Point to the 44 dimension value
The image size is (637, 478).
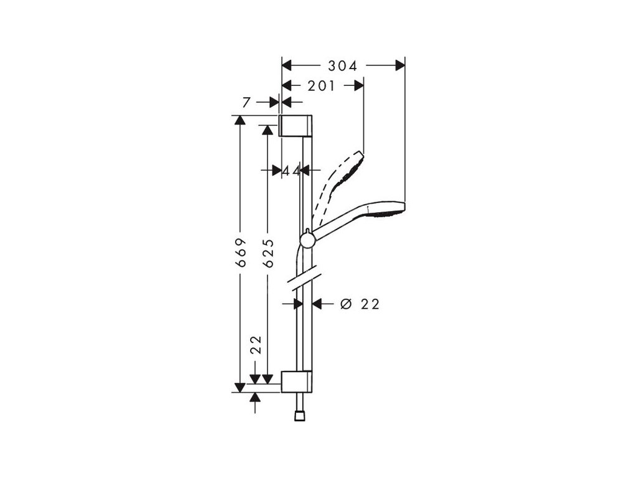291,170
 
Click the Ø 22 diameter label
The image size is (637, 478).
360,304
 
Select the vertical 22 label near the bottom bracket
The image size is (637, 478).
254,345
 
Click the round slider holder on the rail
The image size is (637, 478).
307,240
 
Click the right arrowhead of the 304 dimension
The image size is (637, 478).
399,65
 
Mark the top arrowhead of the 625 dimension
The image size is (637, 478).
268,129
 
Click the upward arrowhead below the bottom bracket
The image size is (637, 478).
254,396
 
